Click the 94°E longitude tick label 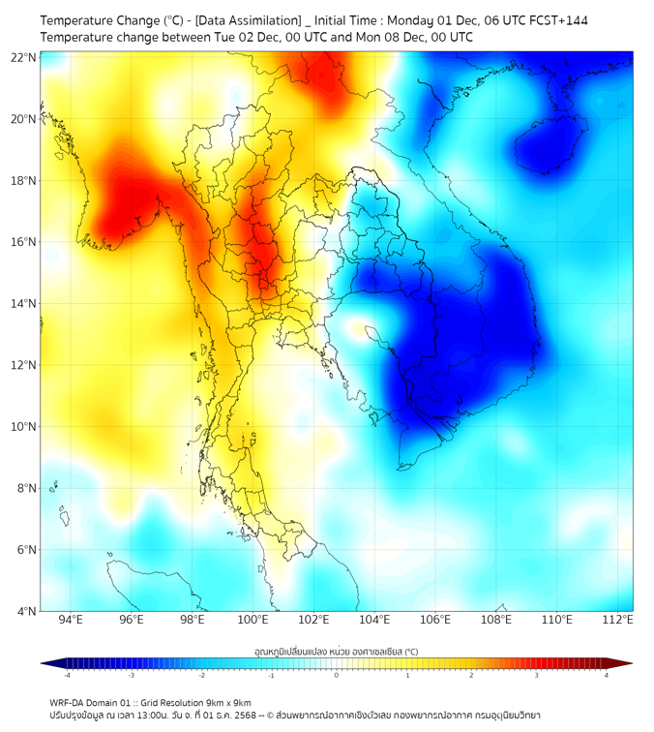click(x=70, y=620)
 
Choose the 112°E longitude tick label click(x=618, y=620)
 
